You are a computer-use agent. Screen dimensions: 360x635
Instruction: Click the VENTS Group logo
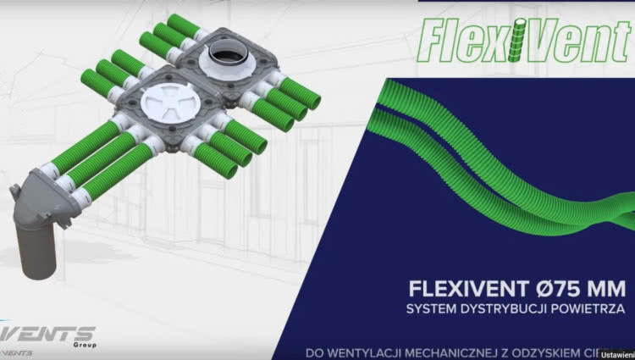(x=51, y=333)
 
